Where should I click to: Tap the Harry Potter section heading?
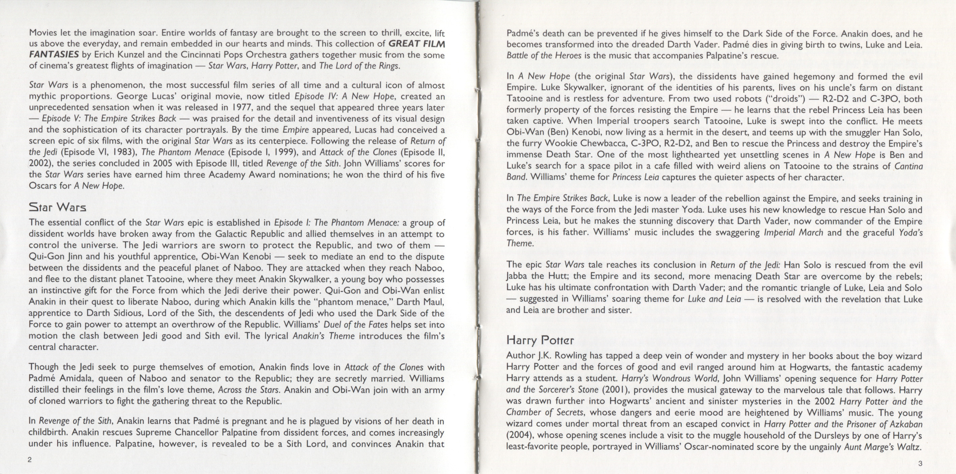click(x=535, y=340)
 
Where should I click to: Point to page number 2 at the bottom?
click(x=30, y=459)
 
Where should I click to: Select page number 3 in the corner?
click(x=920, y=463)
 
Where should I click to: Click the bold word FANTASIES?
click(x=53, y=55)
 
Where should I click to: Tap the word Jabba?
click(x=518, y=276)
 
